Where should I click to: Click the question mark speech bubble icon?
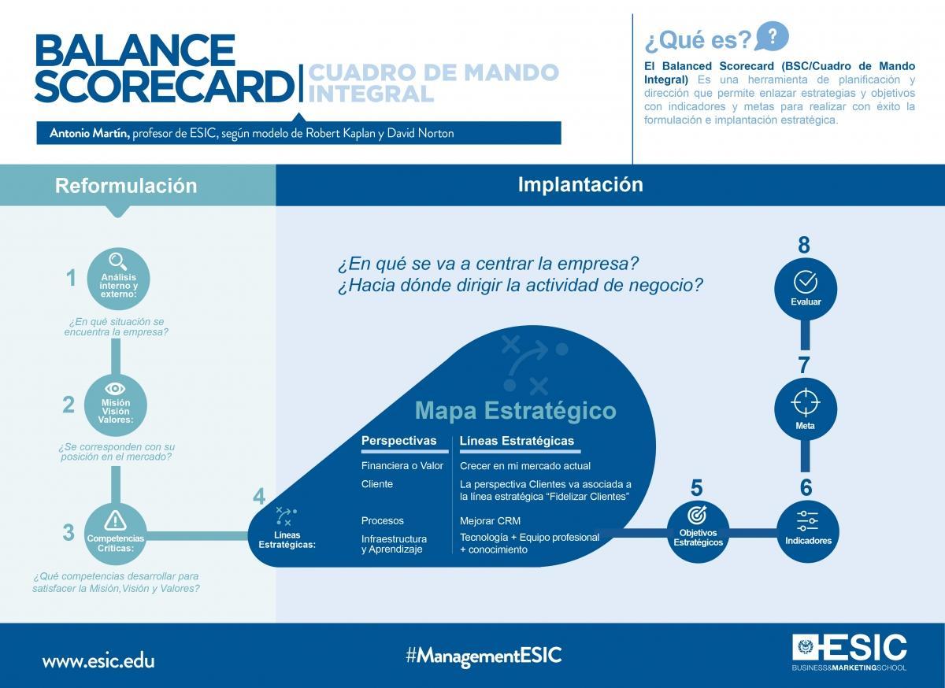pyautogui.click(x=772, y=36)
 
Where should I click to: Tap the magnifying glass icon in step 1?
pyautogui.click(x=117, y=261)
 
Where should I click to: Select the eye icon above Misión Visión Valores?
pyautogui.click(x=115, y=388)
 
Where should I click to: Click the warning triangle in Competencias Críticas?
pyautogui.click(x=115, y=520)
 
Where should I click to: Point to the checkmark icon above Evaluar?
pyautogui.click(x=805, y=282)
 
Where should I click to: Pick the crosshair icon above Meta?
pyautogui.click(x=805, y=402)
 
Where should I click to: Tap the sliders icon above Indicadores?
pyautogui.click(x=807, y=520)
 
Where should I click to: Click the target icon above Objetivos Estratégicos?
pyautogui.click(x=697, y=516)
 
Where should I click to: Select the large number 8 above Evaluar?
pyautogui.click(x=804, y=246)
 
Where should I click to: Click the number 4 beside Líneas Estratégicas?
pyautogui.click(x=259, y=498)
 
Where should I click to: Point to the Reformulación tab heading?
pyautogui.click(x=126, y=186)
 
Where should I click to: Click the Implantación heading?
pyautogui.click(x=580, y=184)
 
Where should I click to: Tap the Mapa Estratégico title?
pyautogui.click(x=515, y=410)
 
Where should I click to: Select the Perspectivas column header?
pyautogui.click(x=398, y=441)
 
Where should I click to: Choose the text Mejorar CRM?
pyautogui.click(x=490, y=521)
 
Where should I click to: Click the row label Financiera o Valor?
pyautogui.click(x=402, y=466)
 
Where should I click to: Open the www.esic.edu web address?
pyautogui.click(x=98, y=660)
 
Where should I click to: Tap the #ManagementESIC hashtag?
pyautogui.click(x=484, y=655)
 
